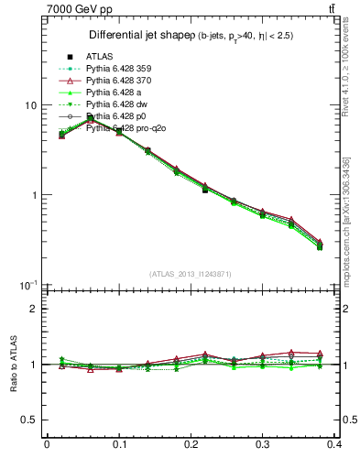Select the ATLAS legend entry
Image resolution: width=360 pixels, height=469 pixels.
pos(99,57)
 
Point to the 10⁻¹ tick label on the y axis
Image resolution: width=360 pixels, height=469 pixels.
pos(27,285)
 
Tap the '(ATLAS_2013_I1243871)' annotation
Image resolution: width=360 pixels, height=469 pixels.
pos(190,274)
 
